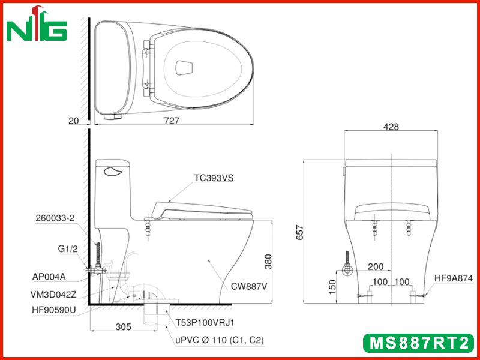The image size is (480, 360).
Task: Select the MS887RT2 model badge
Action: (x=419, y=343)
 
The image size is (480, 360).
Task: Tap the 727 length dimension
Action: (x=172, y=121)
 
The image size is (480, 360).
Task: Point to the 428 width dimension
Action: (x=391, y=127)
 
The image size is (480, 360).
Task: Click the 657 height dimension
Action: (x=301, y=232)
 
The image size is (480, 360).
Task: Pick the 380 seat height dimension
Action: (x=268, y=262)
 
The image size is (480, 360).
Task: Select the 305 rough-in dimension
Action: (x=124, y=327)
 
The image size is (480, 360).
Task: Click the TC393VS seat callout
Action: (x=214, y=178)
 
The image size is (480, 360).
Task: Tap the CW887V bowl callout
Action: (x=249, y=287)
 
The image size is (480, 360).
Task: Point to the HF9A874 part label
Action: (x=454, y=278)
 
